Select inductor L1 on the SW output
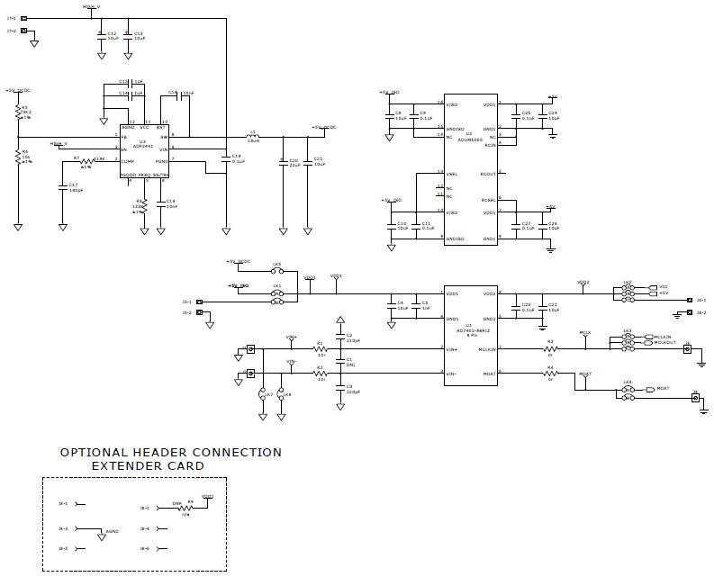[253, 138]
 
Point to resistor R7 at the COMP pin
[86, 159]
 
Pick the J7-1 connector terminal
[23, 18]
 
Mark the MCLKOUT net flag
[665, 342]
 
